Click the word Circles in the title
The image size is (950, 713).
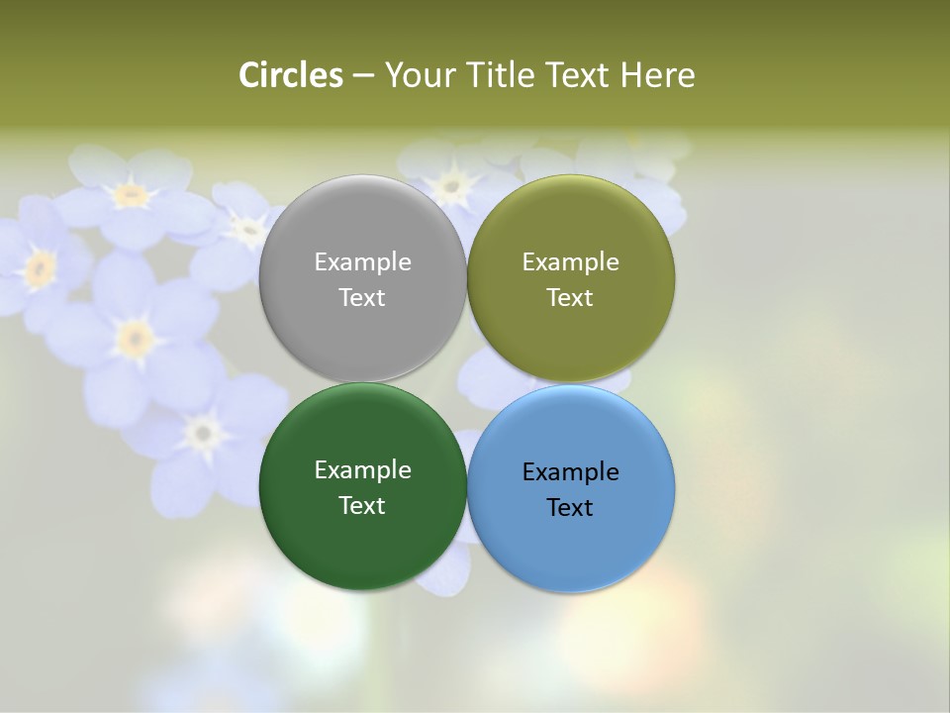click(x=291, y=75)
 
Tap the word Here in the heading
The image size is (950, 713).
click(x=657, y=75)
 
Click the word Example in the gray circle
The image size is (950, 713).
click(x=362, y=262)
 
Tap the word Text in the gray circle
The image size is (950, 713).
click(x=362, y=298)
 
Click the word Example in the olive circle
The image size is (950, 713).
click(x=570, y=262)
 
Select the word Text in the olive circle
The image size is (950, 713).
click(x=570, y=298)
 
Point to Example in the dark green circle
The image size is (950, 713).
click(x=362, y=470)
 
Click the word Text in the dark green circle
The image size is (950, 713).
click(x=362, y=506)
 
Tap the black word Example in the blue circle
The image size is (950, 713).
click(x=570, y=472)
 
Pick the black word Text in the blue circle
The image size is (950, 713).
click(x=570, y=508)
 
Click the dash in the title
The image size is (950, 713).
click(x=363, y=76)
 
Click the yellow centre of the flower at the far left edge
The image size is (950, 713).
click(x=40, y=267)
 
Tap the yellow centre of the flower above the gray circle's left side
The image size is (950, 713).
click(x=247, y=230)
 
